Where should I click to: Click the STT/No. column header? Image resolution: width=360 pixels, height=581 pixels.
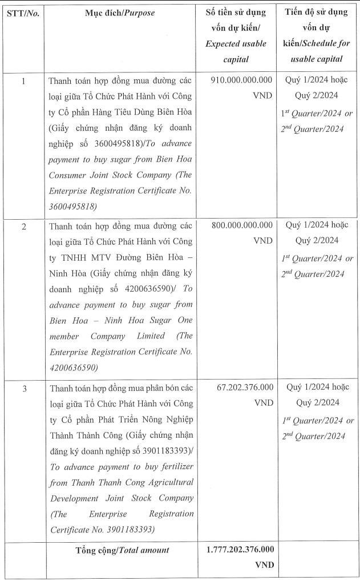click(x=23, y=13)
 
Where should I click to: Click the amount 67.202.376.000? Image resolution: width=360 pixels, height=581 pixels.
click(x=245, y=388)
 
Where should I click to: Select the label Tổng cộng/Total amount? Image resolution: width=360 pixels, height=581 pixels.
click(x=122, y=550)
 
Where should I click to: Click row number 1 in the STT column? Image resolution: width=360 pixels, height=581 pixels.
click(x=23, y=81)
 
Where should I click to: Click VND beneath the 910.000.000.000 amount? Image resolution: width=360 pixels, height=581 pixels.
click(x=262, y=96)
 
